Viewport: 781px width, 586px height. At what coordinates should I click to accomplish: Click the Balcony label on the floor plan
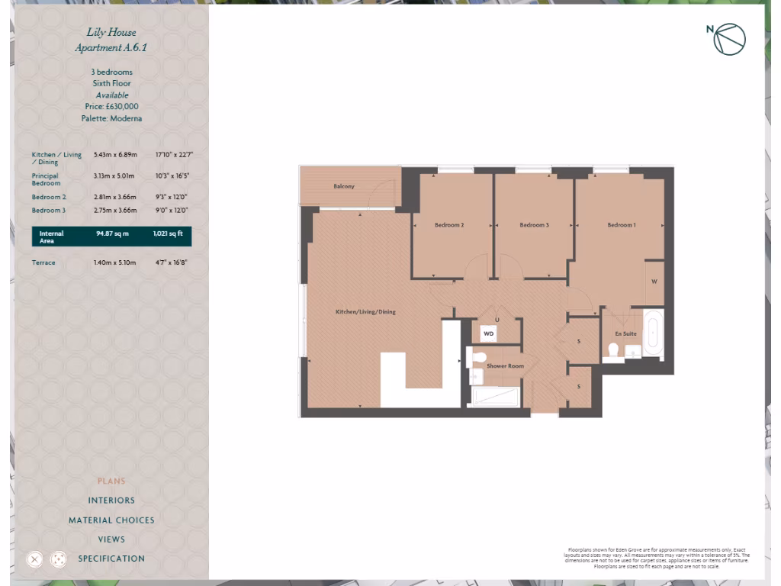(x=344, y=186)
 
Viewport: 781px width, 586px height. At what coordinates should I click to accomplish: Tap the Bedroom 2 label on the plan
(x=449, y=225)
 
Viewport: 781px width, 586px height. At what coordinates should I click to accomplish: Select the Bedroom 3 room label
(x=534, y=225)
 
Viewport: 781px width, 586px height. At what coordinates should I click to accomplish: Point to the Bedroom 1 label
(x=621, y=225)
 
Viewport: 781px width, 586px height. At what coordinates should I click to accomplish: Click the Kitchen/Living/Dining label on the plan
(x=366, y=312)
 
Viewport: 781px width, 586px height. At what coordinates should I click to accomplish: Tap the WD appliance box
(x=489, y=333)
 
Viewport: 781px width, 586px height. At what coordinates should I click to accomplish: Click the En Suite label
(x=625, y=334)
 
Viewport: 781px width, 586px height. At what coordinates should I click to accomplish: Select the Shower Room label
(x=505, y=366)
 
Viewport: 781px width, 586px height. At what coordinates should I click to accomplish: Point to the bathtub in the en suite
(x=654, y=334)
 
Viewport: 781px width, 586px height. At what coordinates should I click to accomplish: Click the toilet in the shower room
(x=478, y=357)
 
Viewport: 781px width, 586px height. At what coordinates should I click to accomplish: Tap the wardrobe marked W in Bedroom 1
(x=654, y=282)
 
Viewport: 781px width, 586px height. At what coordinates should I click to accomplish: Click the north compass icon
(x=728, y=40)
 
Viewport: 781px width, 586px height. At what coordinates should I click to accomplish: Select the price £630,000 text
(x=111, y=107)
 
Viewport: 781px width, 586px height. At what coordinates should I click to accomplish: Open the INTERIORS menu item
(x=111, y=501)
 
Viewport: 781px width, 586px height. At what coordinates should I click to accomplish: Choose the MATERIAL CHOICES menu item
(x=111, y=520)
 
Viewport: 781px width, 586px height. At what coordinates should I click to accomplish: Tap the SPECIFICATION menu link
(x=111, y=559)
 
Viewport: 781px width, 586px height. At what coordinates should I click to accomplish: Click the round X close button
(x=34, y=559)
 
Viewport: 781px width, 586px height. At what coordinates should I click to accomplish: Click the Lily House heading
(x=111, y=33)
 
